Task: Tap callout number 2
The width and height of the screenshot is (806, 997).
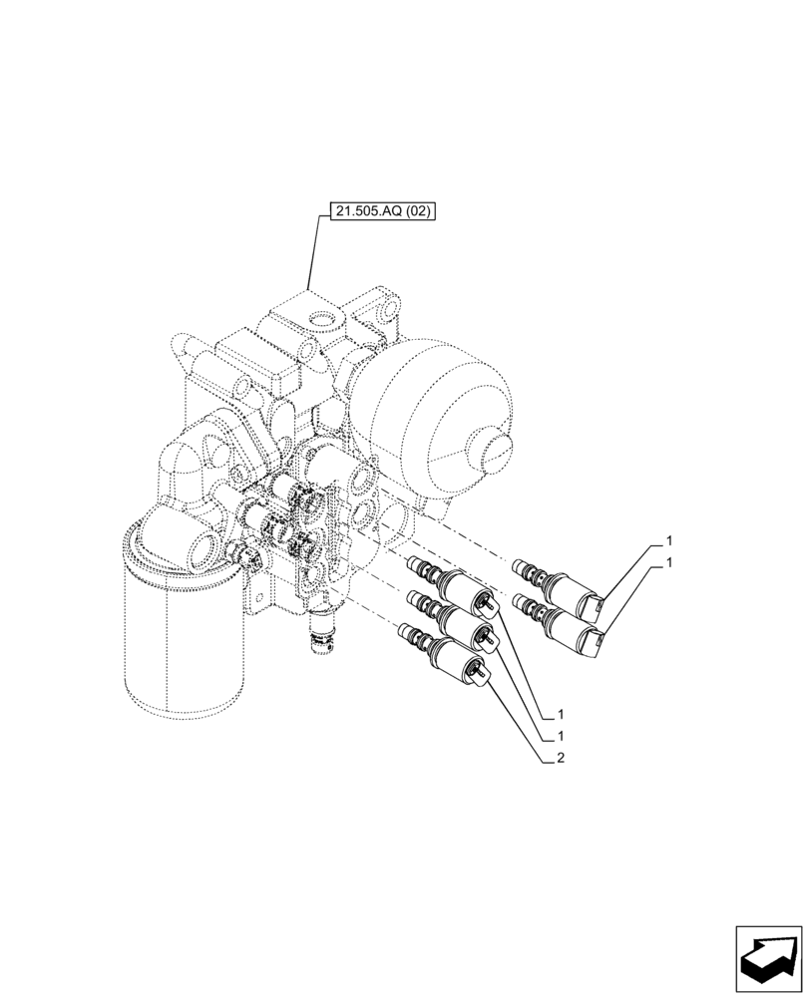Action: [562, 759]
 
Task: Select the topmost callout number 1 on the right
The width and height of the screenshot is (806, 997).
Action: [669, 540]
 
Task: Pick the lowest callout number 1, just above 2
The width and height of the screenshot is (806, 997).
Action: [562, 736]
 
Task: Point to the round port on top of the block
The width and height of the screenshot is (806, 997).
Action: [321, 321]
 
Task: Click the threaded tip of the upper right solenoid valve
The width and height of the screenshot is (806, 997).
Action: [519, 569]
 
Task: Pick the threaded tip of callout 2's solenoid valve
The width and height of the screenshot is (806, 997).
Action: [408, 633]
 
